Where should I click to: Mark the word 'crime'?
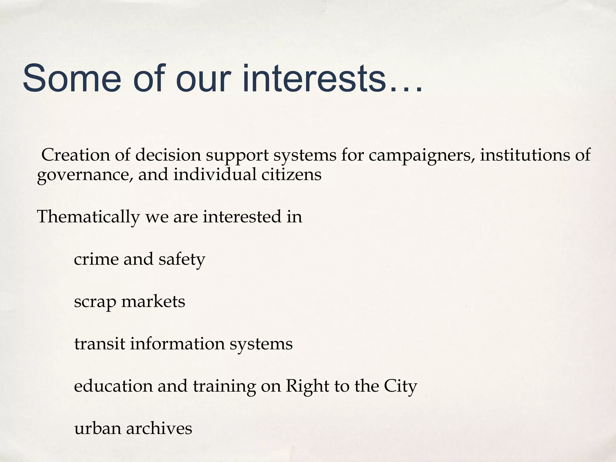pos(96,259)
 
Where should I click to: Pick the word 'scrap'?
pos(95,302)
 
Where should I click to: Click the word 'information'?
pos(177,343)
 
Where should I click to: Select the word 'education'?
pos(113,386)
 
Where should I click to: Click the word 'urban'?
pos(97,428)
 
